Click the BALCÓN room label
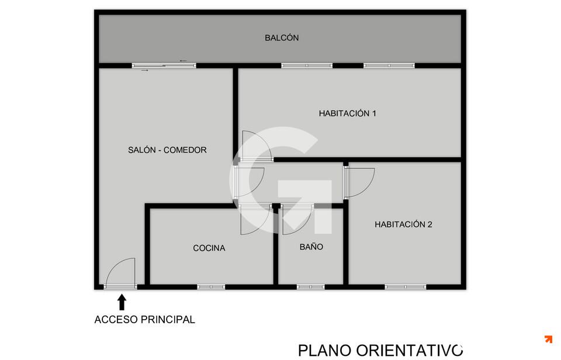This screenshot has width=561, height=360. [x=282, y=37]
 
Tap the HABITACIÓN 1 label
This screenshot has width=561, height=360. [x=347, y=113]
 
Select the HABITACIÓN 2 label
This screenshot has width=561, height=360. [x=403, y=224]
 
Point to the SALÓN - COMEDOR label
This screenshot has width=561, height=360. [x=168, y=150]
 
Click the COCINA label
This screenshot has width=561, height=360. [x=209, y=248]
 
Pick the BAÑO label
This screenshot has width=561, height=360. [x=311, y=247]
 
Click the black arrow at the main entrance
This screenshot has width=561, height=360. [x=122, y=302]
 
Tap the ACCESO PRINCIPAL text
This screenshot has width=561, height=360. [x=144, y=320]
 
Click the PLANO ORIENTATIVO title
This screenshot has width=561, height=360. [x=380, y=350]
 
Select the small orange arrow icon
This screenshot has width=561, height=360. [x=548, y=339]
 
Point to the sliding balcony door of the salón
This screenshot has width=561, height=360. [x=164, y=65]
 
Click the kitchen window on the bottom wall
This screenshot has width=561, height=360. [x=211, y=286]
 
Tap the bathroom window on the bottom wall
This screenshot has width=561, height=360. [x=310, y=286]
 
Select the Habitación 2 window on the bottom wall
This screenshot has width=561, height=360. [x=406, y=286]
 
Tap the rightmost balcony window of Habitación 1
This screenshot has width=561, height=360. [x=389, y=65]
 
